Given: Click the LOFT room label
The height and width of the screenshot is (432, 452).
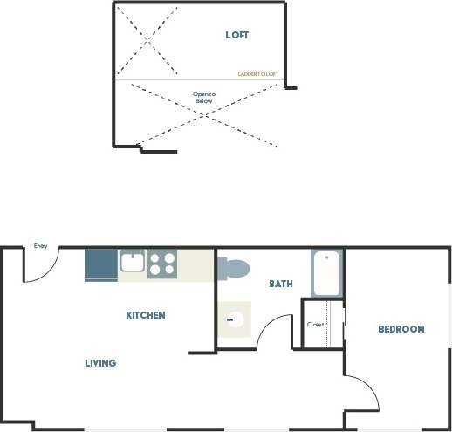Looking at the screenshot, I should [x=236, y=35].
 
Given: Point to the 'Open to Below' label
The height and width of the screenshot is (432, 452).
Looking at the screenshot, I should [x=203, y=97].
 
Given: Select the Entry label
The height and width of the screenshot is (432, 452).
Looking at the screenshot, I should [x=40, y=246].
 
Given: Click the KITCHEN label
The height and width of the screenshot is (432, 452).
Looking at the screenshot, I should [x=146, y=315].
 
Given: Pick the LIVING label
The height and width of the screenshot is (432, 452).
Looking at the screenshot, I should [x=100, y=363].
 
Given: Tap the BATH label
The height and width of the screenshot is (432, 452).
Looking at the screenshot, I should [x=281, y=284].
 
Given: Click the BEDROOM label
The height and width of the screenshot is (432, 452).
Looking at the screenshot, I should [x=401, y=329].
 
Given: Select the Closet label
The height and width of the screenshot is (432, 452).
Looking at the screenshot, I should [x=315, y=325].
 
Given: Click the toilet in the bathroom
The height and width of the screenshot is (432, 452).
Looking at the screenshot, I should [x=233, y=267].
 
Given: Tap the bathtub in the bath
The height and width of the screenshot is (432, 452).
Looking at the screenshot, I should [x=326, y=272].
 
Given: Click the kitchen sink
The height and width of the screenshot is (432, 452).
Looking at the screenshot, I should [x=133, y=262].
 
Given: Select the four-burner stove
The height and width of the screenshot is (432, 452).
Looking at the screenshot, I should [x=162, y=263].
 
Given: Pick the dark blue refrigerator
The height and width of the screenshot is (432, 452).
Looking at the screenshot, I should [x=101, y=264].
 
